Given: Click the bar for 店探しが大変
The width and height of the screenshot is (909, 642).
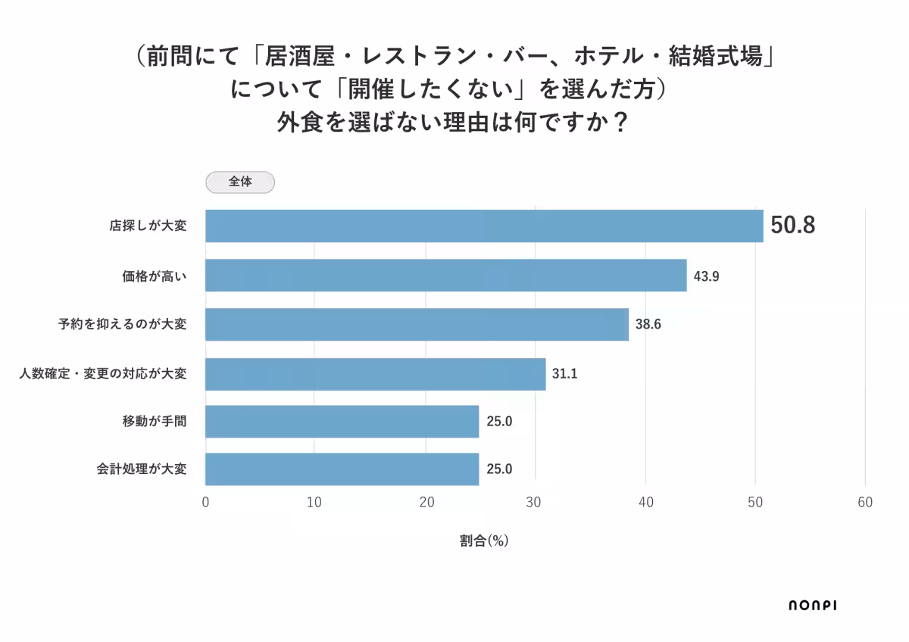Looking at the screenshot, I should [484, 226].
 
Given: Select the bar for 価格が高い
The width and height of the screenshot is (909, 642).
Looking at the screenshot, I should [445, 276].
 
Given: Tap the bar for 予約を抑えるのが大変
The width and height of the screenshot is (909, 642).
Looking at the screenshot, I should [417, 324].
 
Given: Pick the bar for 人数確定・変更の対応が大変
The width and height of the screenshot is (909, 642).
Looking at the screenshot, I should [375, 374].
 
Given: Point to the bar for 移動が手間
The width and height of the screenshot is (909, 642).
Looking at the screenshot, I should [342, 422].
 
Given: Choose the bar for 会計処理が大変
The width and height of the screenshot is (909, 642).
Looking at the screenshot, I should [342, 469].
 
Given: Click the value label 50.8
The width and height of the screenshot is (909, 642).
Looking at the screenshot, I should [792, 226].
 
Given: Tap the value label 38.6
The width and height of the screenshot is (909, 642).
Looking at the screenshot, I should [648, 325].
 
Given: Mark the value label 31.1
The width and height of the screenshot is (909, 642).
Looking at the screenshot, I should [565, 374].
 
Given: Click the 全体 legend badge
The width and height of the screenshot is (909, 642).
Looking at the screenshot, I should [240, 182].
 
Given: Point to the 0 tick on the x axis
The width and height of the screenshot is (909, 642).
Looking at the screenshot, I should [205, 503].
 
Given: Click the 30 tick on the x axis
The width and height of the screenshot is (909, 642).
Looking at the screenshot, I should [536, 503].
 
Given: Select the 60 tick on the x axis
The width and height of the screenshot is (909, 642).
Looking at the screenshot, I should [865, 503].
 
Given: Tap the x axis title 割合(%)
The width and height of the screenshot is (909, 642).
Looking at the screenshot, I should [483, 541].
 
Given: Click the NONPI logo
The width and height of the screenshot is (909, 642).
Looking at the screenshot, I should [812, 604].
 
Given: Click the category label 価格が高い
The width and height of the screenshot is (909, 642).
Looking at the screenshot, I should [154, 276].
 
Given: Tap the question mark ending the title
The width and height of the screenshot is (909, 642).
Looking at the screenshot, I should [620, 121].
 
